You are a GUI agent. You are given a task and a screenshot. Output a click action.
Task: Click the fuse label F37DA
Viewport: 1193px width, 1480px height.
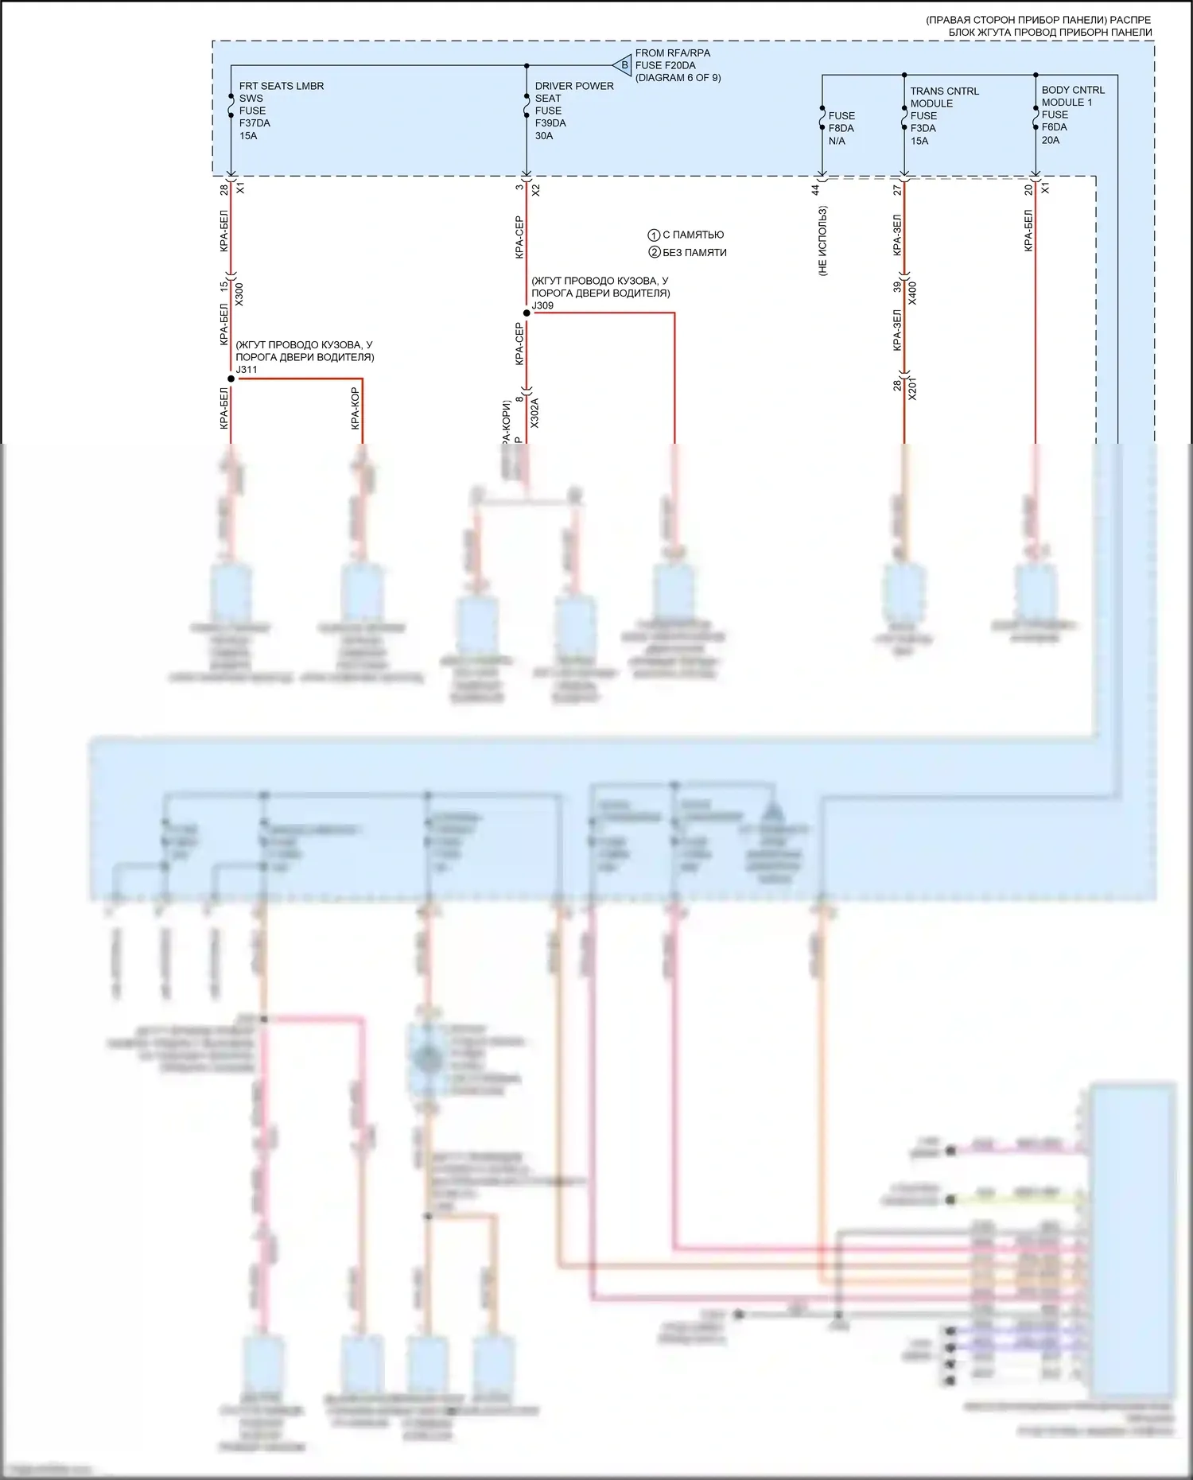(255, 123)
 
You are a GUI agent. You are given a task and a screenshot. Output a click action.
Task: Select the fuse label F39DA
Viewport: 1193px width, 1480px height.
(550, 123)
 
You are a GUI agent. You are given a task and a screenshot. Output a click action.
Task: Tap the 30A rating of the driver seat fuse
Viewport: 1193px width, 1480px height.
(544, 136)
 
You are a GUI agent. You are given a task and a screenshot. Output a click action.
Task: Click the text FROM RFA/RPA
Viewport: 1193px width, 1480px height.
(672, 53)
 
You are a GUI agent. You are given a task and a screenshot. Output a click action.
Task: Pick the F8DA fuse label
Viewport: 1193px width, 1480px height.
(841, 128)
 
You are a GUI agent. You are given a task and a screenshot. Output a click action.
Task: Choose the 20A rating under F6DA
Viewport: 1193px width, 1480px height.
(1051, 140)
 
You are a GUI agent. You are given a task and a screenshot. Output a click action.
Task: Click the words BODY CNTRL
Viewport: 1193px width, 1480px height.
(1073, 90)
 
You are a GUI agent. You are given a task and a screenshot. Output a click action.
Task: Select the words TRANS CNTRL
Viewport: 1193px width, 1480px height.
(944, 91)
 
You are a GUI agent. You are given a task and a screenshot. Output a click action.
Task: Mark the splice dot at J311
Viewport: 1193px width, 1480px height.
(231, 379)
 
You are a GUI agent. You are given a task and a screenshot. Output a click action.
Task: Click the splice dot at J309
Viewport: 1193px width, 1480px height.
(527, 313)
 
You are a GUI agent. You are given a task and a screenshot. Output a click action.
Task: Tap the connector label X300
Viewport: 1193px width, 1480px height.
(239, 293)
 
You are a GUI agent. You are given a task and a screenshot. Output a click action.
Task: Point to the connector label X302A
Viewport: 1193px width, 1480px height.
(534, 413)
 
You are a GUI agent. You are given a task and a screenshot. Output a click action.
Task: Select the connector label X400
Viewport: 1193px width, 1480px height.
(912, 293)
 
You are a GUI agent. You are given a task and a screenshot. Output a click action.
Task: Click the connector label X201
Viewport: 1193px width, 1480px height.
(912, 388)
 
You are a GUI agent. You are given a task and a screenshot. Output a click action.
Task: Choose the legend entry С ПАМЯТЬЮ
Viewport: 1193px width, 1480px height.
(693, 235)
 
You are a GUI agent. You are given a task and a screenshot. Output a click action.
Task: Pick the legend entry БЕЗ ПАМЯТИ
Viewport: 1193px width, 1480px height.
(694, 253)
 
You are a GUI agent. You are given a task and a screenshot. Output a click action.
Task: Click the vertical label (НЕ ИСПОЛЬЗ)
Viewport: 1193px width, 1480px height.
(822, 241)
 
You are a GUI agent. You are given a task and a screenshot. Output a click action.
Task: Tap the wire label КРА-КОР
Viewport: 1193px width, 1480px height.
(355, 408)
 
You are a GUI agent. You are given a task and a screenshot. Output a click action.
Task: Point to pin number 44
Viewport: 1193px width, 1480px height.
(815, 189)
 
